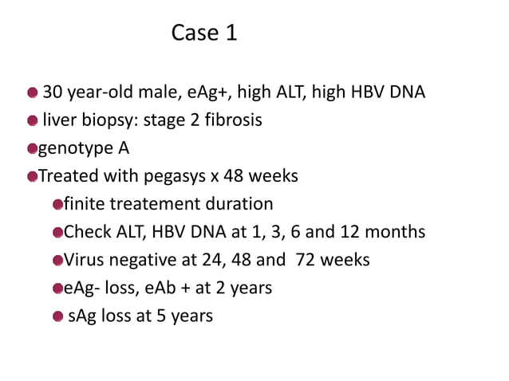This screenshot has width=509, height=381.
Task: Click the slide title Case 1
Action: (x=204, y=34)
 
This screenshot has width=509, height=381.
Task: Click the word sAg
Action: (x=83, y=316)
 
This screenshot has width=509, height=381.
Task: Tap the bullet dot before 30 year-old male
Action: (x=32, y=93)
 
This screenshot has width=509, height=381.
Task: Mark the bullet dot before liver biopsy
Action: (x=32, y=121)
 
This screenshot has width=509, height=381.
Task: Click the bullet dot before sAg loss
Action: (x=57, y=316)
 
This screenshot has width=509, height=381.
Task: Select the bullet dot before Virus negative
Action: (x=57, y=261)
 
